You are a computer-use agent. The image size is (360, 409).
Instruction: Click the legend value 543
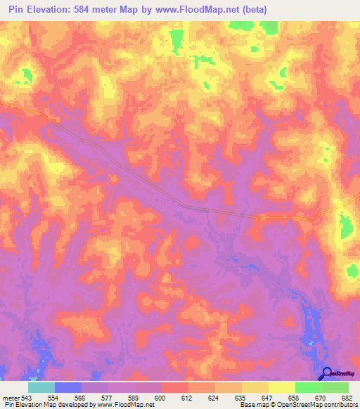click(26, 397)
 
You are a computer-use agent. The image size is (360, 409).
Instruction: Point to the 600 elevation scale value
click(162, 397)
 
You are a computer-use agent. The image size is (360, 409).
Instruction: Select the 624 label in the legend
click(215, 397)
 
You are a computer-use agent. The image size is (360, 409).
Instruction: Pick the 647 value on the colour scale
click(269, 397)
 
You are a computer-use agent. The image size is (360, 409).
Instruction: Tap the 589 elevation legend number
click(135, 397)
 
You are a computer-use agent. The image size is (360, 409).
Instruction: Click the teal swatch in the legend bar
click(41, 387)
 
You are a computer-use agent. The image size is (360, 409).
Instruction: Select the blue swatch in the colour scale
click(68, 387)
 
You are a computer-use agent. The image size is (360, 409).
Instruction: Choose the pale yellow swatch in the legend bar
click(282, 387)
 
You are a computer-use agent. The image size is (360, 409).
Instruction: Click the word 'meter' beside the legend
click(11, 397)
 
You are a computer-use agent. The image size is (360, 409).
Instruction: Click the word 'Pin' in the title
click(16, 9)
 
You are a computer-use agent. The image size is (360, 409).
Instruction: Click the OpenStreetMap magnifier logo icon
click(326, 375)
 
